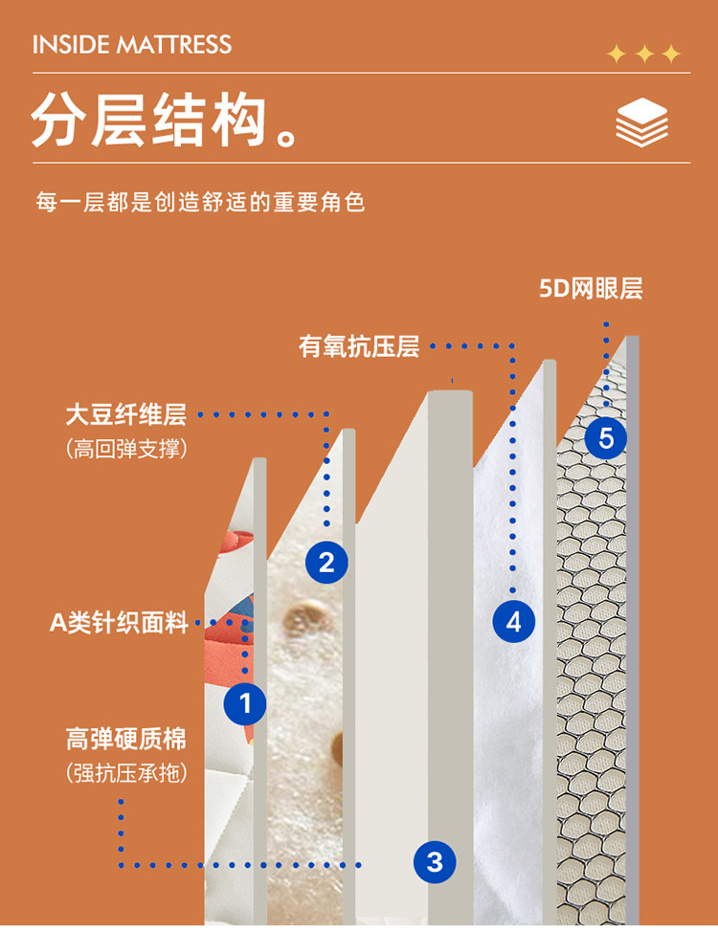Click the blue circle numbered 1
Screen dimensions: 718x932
tap(245, 703)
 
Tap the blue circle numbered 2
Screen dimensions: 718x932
tap(326, 563)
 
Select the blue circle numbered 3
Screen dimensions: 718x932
tap(435, 861)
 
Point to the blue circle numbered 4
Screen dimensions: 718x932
tap(514, 622)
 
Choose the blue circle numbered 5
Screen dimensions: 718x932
tap(606, 438)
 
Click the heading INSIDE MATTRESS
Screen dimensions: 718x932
tap(131, 45)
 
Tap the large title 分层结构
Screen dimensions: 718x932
tap(148, 120)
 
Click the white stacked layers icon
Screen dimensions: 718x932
tap(641, 122)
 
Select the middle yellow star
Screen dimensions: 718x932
tap(645, 55)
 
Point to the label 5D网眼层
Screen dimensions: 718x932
tap(591, 288)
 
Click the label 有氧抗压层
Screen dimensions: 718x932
tap(359, 346)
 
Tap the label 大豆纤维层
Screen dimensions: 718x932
tap(126, 414)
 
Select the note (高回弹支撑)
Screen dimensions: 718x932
tap(126, 448)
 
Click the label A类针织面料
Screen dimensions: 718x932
tap(119, 622)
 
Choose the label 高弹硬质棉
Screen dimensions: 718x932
tap(126, 739)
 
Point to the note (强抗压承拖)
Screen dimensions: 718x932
tap(126, 773)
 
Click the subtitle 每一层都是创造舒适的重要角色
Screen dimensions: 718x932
tap(200, 202)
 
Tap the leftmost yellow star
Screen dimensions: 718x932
tap(617, 55)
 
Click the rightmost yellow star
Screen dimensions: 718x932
tap(671, 55)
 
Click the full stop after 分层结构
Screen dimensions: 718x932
tap(287, 137)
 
